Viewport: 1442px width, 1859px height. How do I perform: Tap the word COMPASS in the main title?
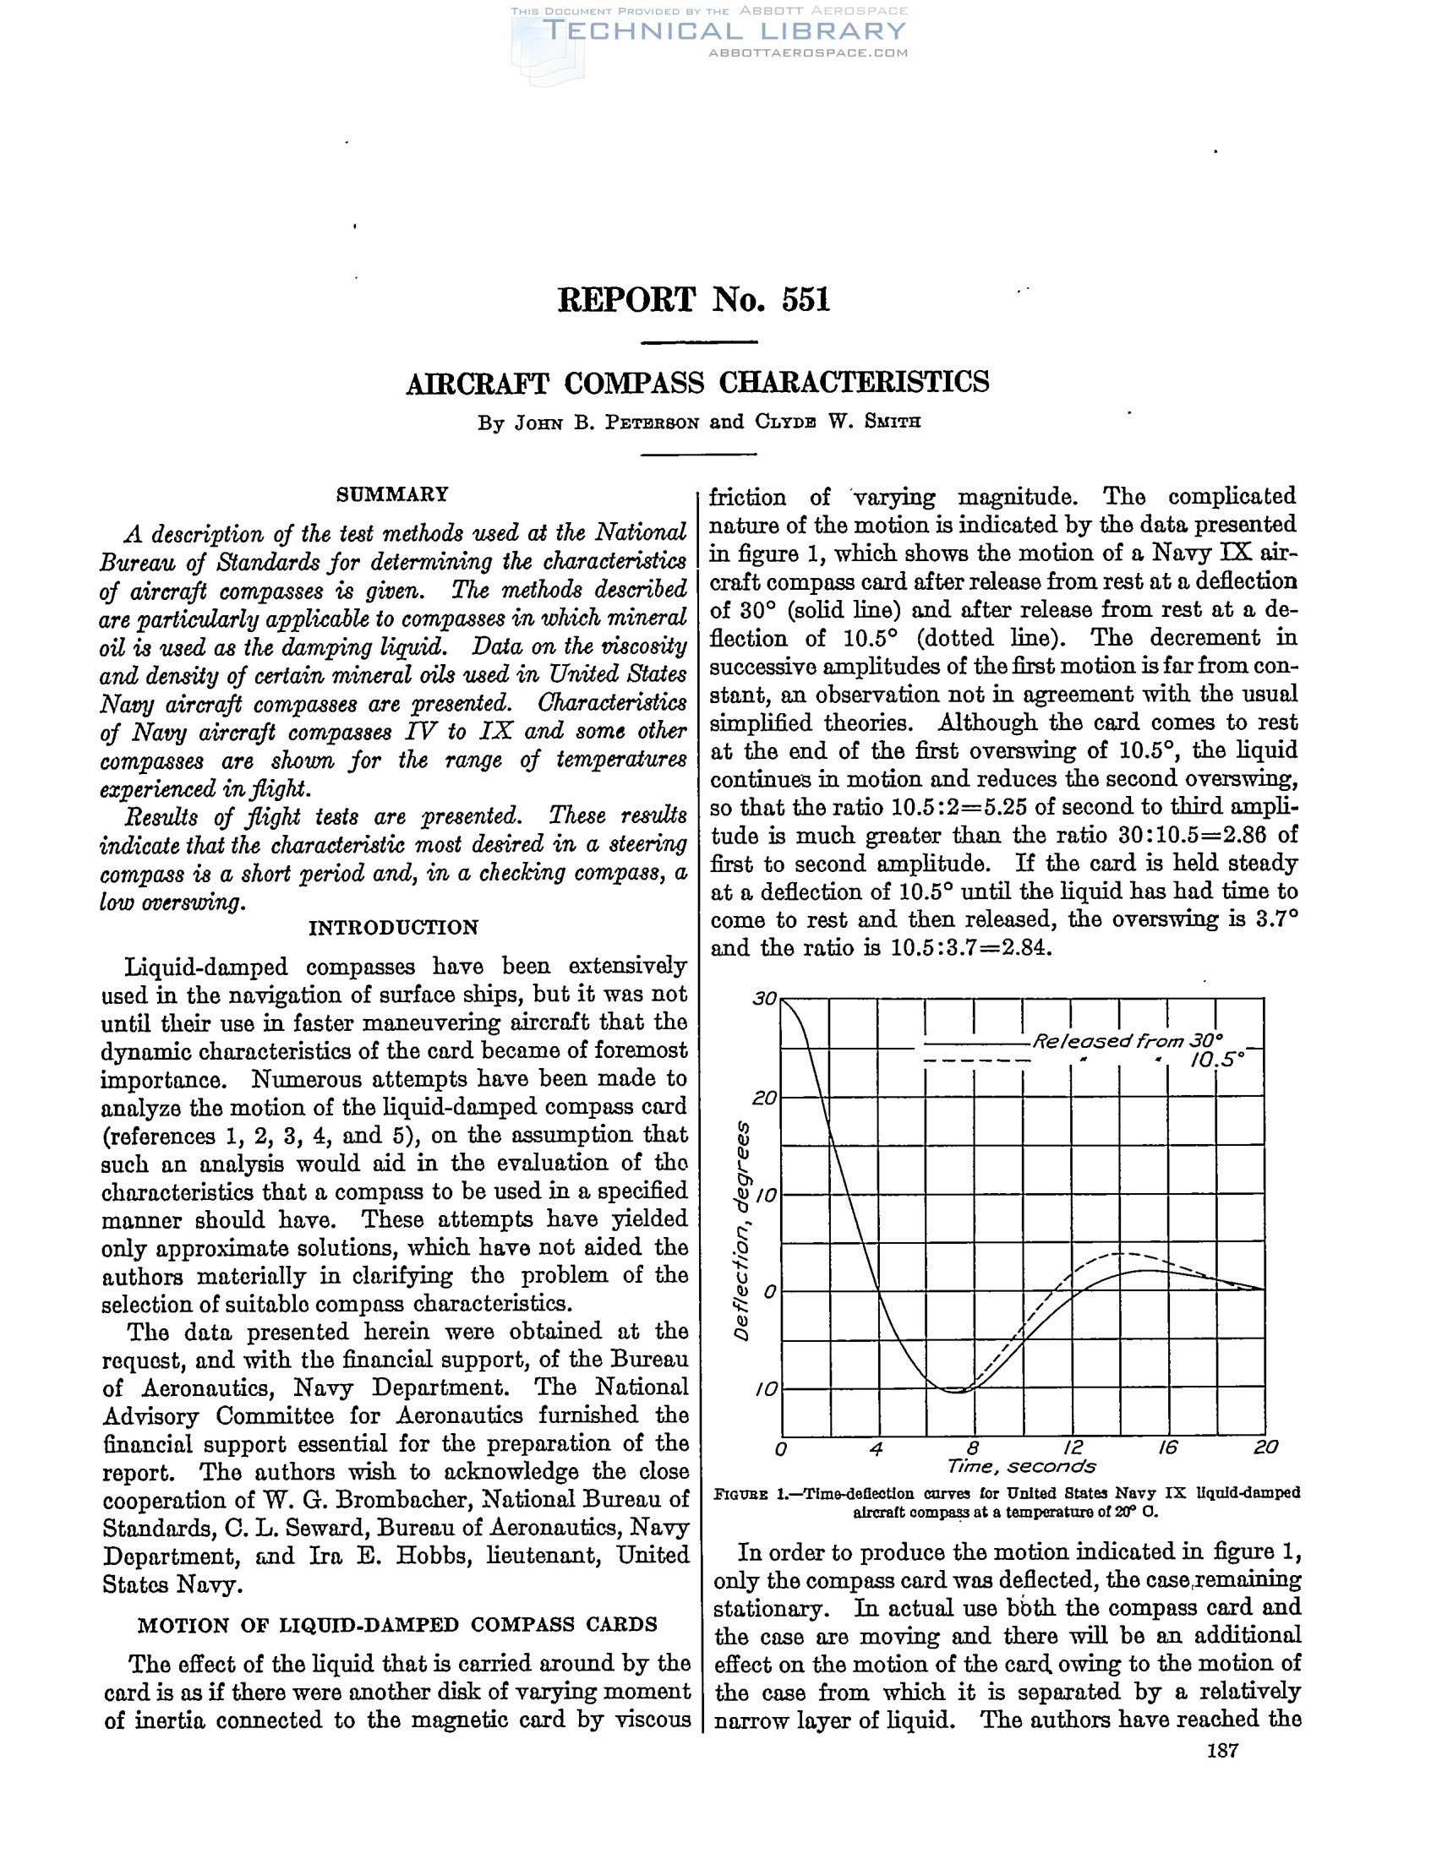pyautogui.click(x=634, y=383)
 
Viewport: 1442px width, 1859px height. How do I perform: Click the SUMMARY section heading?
pyautogui.click(x=392, y=494)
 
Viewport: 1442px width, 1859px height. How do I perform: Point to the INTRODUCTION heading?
pyautogui.click(x=393, y=928)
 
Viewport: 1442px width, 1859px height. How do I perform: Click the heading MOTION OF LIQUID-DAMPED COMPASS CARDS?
pyautogui.click(x=396, y=1624)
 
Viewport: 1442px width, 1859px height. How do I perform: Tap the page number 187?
pyautogui.click(x=1222, y=1751)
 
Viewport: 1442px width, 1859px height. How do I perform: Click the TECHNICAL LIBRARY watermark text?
pyautogui.click(x=724, y=31)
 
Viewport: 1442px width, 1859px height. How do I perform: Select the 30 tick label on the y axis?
pyautogui.click(x=763, y=1000)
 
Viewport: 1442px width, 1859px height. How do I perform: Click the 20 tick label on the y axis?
pyautogui.click(x=763, y=1098)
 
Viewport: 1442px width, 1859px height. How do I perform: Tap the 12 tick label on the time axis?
pyautogui.click(x=1072, y=1447)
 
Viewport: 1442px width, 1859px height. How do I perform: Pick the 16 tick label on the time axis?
pyautogui.click(x=1167, y=1447)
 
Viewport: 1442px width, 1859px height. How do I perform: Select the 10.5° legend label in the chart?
pyautogui.click(x=1216, y=1061)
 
